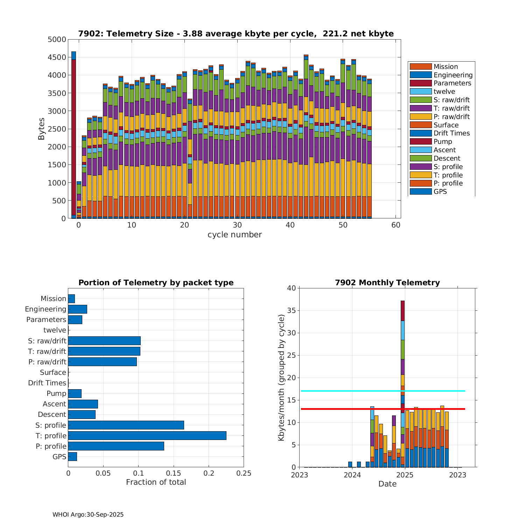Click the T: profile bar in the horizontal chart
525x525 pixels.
pyautogui.click(x=147, y=435)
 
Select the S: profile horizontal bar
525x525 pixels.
pyautogui.click(x=126, y=425)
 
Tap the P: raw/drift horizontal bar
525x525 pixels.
pyautogui.click(x=102, y=362)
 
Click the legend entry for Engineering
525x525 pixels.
pyautogui.click(x=453, y=75)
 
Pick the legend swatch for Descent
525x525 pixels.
pyautogui.click(x=420, y=158)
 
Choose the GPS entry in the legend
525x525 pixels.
pyautogui.click(x=440, y=191)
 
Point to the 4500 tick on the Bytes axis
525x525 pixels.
pyautogui.click(x=57, y=57)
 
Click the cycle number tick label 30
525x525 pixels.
pyautogui.click(x=237, y=225)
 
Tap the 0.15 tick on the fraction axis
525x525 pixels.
pyautogui.click(x=174, y=473)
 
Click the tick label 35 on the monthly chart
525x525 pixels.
pyautogui.click(x=292, y=310)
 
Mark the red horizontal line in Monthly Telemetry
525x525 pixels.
pyautogui.click(x=350, y=409)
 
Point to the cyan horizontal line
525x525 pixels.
pyautogui.click(x=350, y=391)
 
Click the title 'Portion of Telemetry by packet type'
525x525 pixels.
pyautogui.click(x=156, y=282)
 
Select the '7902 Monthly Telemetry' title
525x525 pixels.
pyautogui.click(x=387, y=282)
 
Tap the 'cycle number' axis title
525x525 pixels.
pyautogui.click(x=234, y=234)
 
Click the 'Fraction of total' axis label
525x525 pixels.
pyautogui.click(x=156, y=482)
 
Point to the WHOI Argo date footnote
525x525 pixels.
pyautogui.click(x=88, y=514)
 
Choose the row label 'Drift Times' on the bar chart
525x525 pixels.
pyautogui.click(x=47, y=383)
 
